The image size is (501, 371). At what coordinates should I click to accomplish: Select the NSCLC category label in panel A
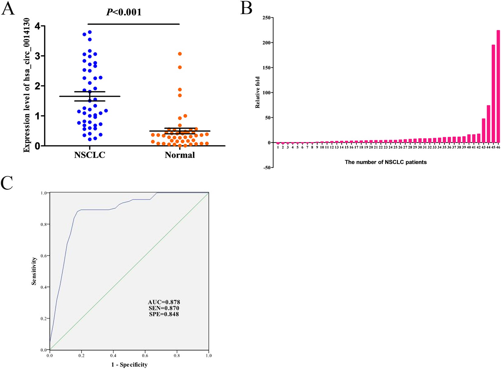[90, 155]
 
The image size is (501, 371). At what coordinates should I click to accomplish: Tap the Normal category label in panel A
[180, 155]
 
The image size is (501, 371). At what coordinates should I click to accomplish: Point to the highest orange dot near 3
[180, 54]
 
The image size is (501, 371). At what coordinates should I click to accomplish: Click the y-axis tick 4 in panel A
[37, 26]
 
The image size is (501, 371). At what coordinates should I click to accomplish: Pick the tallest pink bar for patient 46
[498, 86]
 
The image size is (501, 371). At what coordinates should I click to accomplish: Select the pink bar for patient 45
[493, 94]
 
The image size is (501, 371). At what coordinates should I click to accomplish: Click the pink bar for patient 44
[489, 124]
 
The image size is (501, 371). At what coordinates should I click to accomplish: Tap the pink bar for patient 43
[484, 131]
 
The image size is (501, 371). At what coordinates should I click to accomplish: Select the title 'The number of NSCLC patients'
[386, 162]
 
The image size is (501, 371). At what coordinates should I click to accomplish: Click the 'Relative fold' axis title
[258, 92]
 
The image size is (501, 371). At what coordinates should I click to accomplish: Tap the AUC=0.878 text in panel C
[164, 302]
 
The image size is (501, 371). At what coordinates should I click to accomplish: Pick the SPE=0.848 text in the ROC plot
[164, 314]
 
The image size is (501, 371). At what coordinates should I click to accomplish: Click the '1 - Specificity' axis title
[129, 365]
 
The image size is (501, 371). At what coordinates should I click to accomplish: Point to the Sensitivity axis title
[34, 271]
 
